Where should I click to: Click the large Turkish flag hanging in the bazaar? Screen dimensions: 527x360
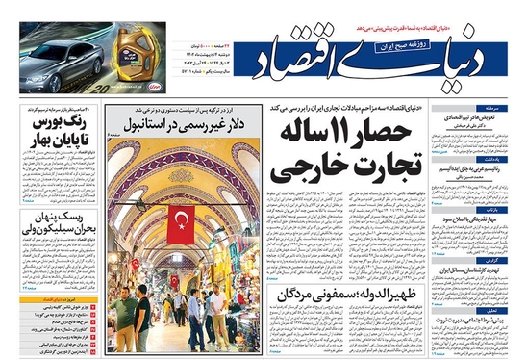(181, 223)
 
